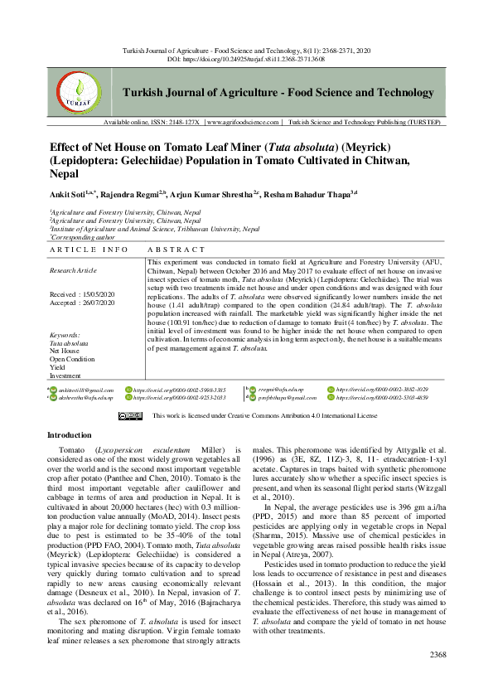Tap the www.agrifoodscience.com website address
click(243, 122)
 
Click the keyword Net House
click(65, 351)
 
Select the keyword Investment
click(66, 375)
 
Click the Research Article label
click(74, 270)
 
